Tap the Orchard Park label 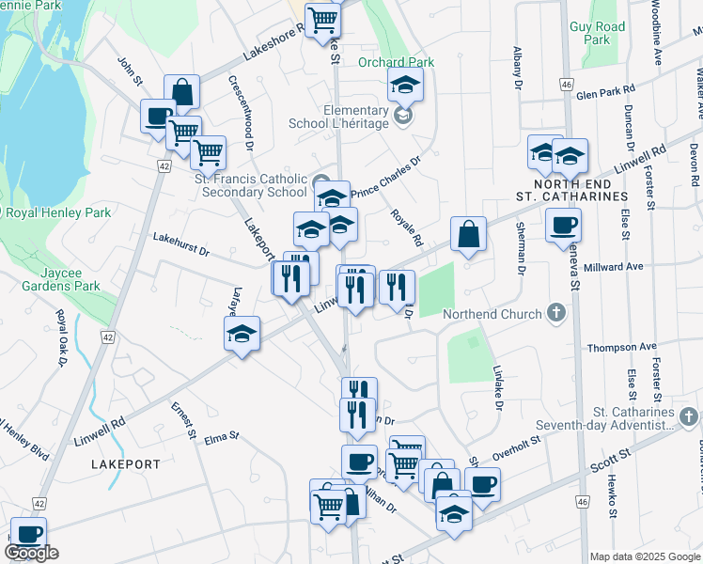click(396, 62)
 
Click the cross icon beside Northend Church click(556, 312)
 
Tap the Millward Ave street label click(613, 267)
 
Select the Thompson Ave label click(621, 347)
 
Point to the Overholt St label click(517, 446)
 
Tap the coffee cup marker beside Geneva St click(563, 225)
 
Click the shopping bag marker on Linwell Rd click(468, 234)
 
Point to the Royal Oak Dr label click(62, 337)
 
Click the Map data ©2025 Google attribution click(646, 556)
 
